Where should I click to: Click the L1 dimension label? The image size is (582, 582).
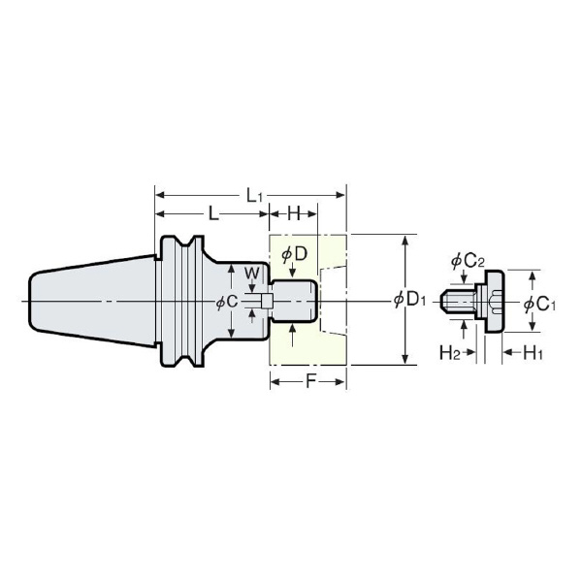pos(254,195)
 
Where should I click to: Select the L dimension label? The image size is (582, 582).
pos(212,213)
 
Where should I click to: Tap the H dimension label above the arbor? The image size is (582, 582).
pos(294,213)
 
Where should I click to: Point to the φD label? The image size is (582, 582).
pos(294,254)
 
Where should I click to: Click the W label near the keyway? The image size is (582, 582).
pos(252,274)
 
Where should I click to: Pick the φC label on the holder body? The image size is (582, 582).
pos(227,303)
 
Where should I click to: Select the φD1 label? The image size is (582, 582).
pos(409,300)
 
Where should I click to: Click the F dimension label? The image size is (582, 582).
pos(310,381)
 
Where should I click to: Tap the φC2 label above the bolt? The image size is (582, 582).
pos(468,262)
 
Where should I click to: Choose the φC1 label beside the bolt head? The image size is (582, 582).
pos(539,305)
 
